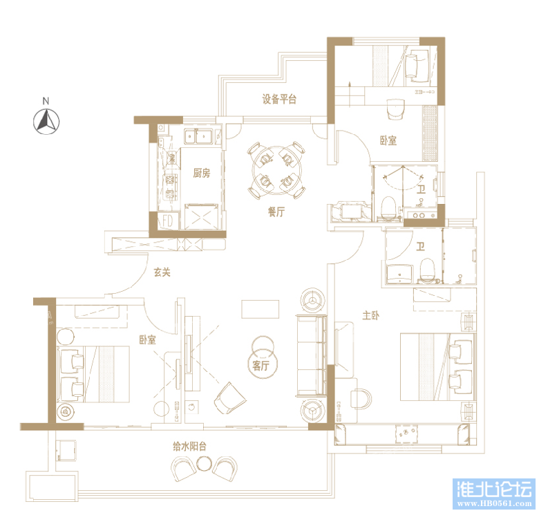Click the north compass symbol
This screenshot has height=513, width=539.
coord(46,120)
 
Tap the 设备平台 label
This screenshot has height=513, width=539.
coord(279,99)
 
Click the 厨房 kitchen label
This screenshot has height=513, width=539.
coord(201,173)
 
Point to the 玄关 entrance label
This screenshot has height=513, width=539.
coord(162,272)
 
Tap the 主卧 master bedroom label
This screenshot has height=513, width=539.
coord(370,315)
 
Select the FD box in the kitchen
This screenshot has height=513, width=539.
coord(166,221)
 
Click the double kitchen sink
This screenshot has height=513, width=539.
coord(199,136)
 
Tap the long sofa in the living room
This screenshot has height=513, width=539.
coord(310,355)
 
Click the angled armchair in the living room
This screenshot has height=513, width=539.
coord(230,399)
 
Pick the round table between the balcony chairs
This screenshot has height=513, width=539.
coord(204,464)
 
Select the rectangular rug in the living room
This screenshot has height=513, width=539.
coord(261,308)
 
